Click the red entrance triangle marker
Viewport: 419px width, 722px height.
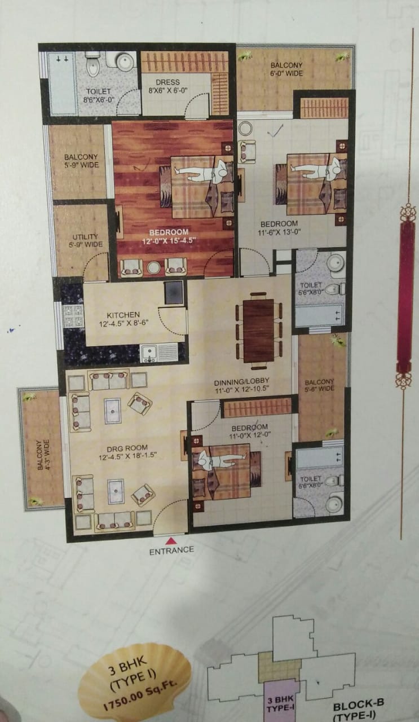point(171,540)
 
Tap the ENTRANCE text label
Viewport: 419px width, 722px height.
point(171,551)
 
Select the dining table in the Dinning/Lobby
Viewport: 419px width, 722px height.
point(259,331)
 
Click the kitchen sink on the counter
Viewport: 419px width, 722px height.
point(149,353)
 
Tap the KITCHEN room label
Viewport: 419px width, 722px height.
point(123,315)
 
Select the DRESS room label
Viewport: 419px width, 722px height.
point(167,82)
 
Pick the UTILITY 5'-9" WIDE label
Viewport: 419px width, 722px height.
point(85,240)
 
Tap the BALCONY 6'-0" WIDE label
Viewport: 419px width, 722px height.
point(286,69)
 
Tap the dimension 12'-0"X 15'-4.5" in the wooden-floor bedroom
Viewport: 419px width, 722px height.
point(169,240)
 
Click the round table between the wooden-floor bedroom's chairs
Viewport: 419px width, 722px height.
point(153,267)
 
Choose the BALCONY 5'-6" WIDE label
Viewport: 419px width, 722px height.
point(319,385)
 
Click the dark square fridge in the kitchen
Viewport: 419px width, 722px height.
point(174,292)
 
